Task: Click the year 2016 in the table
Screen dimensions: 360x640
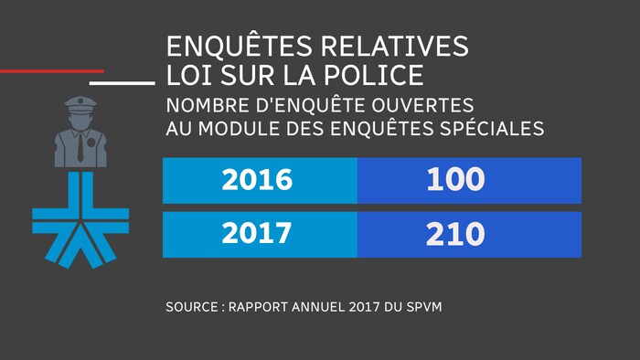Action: pyautogui.click(x=257, y=180)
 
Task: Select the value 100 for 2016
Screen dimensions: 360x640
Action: pyautogui.click(x=454, y=180)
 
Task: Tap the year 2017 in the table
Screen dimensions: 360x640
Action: pyautogui.click(x=257, y=234)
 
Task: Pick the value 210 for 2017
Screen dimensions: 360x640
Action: pyautogui.click(x=454, y=234)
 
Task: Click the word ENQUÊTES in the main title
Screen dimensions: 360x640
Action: pyautogui.click(x=236, y=47)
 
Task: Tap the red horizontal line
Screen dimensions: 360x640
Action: pyautogui.click(x=51, y=70)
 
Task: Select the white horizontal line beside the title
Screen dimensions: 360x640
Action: pyautogui.click(x=123, y=82)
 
